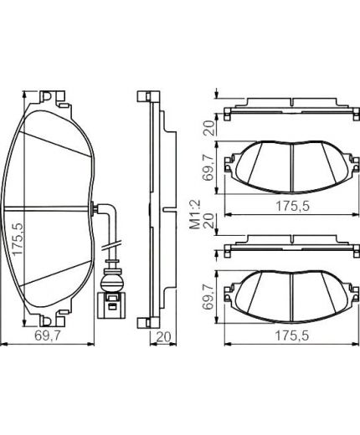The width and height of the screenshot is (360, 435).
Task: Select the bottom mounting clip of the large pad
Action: click(48, 320)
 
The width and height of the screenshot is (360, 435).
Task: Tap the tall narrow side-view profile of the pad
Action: click(152, 209)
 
